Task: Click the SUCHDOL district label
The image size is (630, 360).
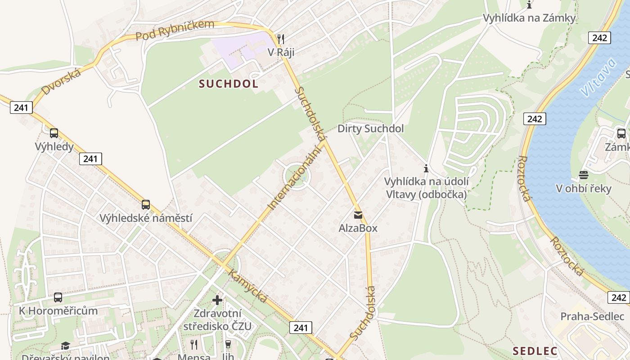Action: click(x=229, y=84)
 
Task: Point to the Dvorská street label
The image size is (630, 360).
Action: click(x=61, y=81)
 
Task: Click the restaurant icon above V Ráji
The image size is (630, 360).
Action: click(x=281, y=39)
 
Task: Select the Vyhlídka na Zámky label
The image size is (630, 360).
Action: click(x=529, y=18)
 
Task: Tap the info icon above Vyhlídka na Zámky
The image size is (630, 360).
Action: click(x=529, y=5)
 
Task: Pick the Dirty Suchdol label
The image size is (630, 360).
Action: click(x=371, y=129)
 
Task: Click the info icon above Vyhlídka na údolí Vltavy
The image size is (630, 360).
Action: click(x=426, y=169)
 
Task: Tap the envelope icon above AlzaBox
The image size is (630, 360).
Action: click(x=358, y=215)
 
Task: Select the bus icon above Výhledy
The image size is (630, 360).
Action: click(x=54, y=133)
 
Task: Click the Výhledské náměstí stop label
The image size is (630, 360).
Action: click(x=146, y=218)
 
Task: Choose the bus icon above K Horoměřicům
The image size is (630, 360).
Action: click(x=58, y=297)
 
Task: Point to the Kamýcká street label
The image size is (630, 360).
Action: click(x=247, y=286)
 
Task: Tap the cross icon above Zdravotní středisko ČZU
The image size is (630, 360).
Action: click(x=217, y=300)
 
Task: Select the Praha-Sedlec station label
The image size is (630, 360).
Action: click(x=592, y=316)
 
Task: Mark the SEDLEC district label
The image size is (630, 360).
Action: click(x=535, y=351)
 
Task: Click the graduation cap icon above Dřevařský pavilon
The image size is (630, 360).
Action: click(x=66, y=346)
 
